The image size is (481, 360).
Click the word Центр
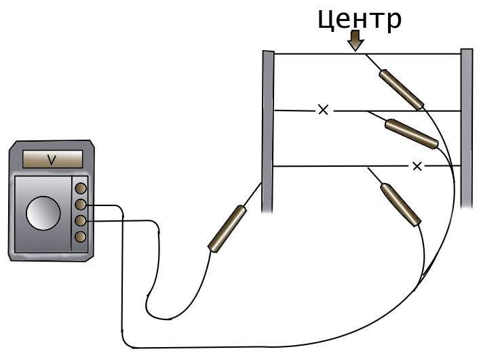tap(359, 20)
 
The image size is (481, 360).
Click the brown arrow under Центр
tap(355, 40)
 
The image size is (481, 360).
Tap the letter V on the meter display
tap(52, 160)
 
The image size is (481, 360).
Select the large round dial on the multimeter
tap(43, 213)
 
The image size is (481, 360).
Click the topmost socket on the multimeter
tap(81, 188)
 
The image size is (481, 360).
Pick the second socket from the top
tap(80, 205)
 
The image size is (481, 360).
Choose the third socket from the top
tap(80, 221)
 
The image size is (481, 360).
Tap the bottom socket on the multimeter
tap(80, 237)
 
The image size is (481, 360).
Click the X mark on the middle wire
tap(324, 109)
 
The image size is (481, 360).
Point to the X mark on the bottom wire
tap(417, 167)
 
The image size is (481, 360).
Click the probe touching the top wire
tap(401, 89)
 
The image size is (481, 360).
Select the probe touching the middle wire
tap(411, 134)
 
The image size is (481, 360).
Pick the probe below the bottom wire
tap(400, 205)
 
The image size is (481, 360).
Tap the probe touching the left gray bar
tap(227, 229)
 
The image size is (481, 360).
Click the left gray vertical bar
tap(268, 132)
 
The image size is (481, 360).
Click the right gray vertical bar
tap(467, 128)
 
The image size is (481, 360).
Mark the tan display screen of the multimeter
tap(52, 159)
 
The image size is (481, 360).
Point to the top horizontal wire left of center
tap(314, 54)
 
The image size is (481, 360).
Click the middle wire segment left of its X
tap(295, 111)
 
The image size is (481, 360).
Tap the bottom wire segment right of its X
tap(443, 166)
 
